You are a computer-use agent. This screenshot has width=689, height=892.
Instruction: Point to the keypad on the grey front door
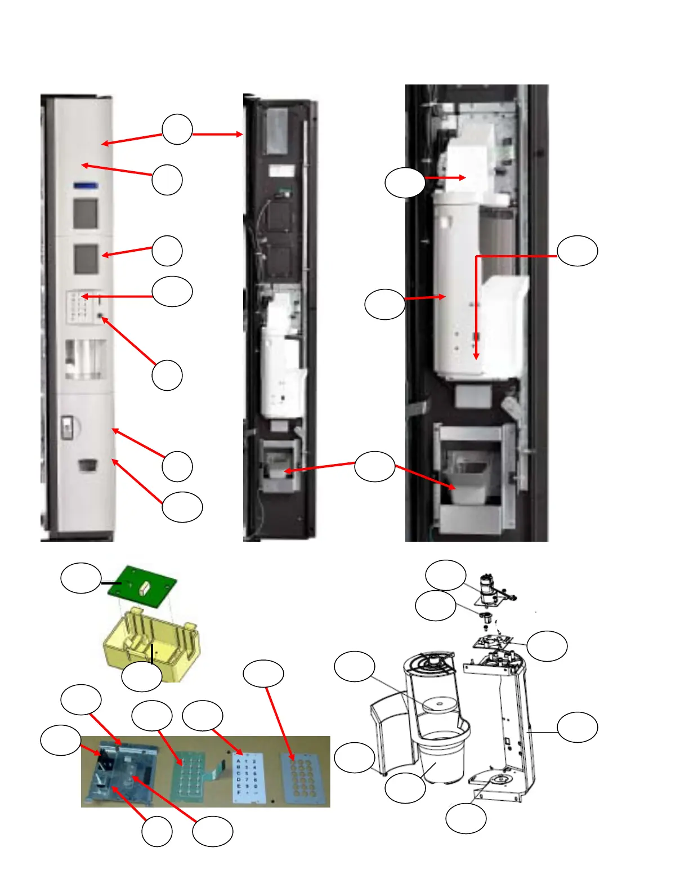(79, 306)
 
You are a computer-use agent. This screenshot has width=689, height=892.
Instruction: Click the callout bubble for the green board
(80, 578)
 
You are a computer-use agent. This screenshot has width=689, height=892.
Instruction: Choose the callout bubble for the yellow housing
(141, 677)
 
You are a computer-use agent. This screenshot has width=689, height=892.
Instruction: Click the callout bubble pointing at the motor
(445, 576)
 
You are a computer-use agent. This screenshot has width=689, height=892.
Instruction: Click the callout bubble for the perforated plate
(263, 674)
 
